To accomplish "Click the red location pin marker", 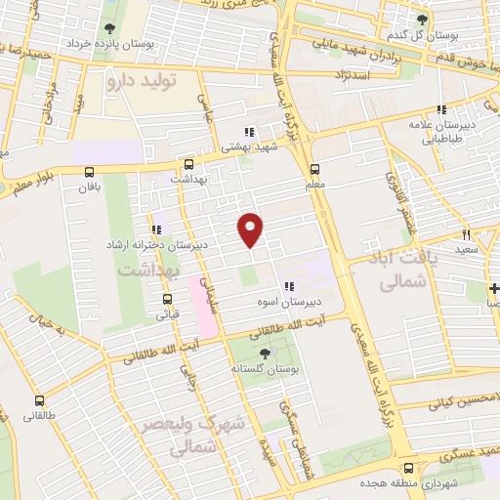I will point(251,229).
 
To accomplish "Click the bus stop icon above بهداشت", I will point(188,164).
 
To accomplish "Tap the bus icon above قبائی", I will point(167,299).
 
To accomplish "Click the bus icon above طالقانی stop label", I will point(39,399).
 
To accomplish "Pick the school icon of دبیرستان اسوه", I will point(289,287).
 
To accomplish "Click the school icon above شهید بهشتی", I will point(249,131).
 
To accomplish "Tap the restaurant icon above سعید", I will point(466,233).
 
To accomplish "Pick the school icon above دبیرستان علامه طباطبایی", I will point(441,109).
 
